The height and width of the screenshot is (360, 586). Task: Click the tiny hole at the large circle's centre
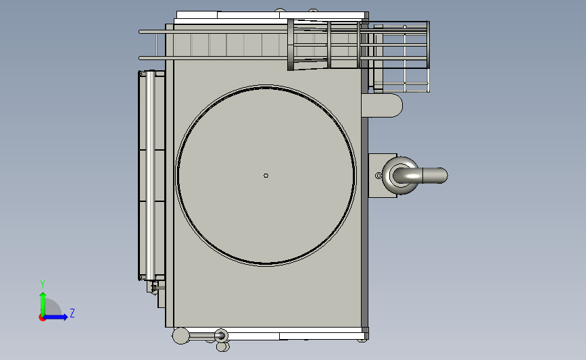(x=266, y=176)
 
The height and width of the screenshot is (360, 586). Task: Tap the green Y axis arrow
(x=43, y=304)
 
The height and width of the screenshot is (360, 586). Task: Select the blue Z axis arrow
(x=55, y=317)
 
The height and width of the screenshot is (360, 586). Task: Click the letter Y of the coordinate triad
(x=43, y=284)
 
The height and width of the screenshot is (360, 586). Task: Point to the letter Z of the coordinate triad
(x=72, y=313)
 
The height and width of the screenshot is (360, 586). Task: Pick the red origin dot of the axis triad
(x=42, y=318)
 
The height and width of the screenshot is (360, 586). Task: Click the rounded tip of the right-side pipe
(x=443, y=176)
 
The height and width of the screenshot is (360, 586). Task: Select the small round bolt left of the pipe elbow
(x=379, y=176)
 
